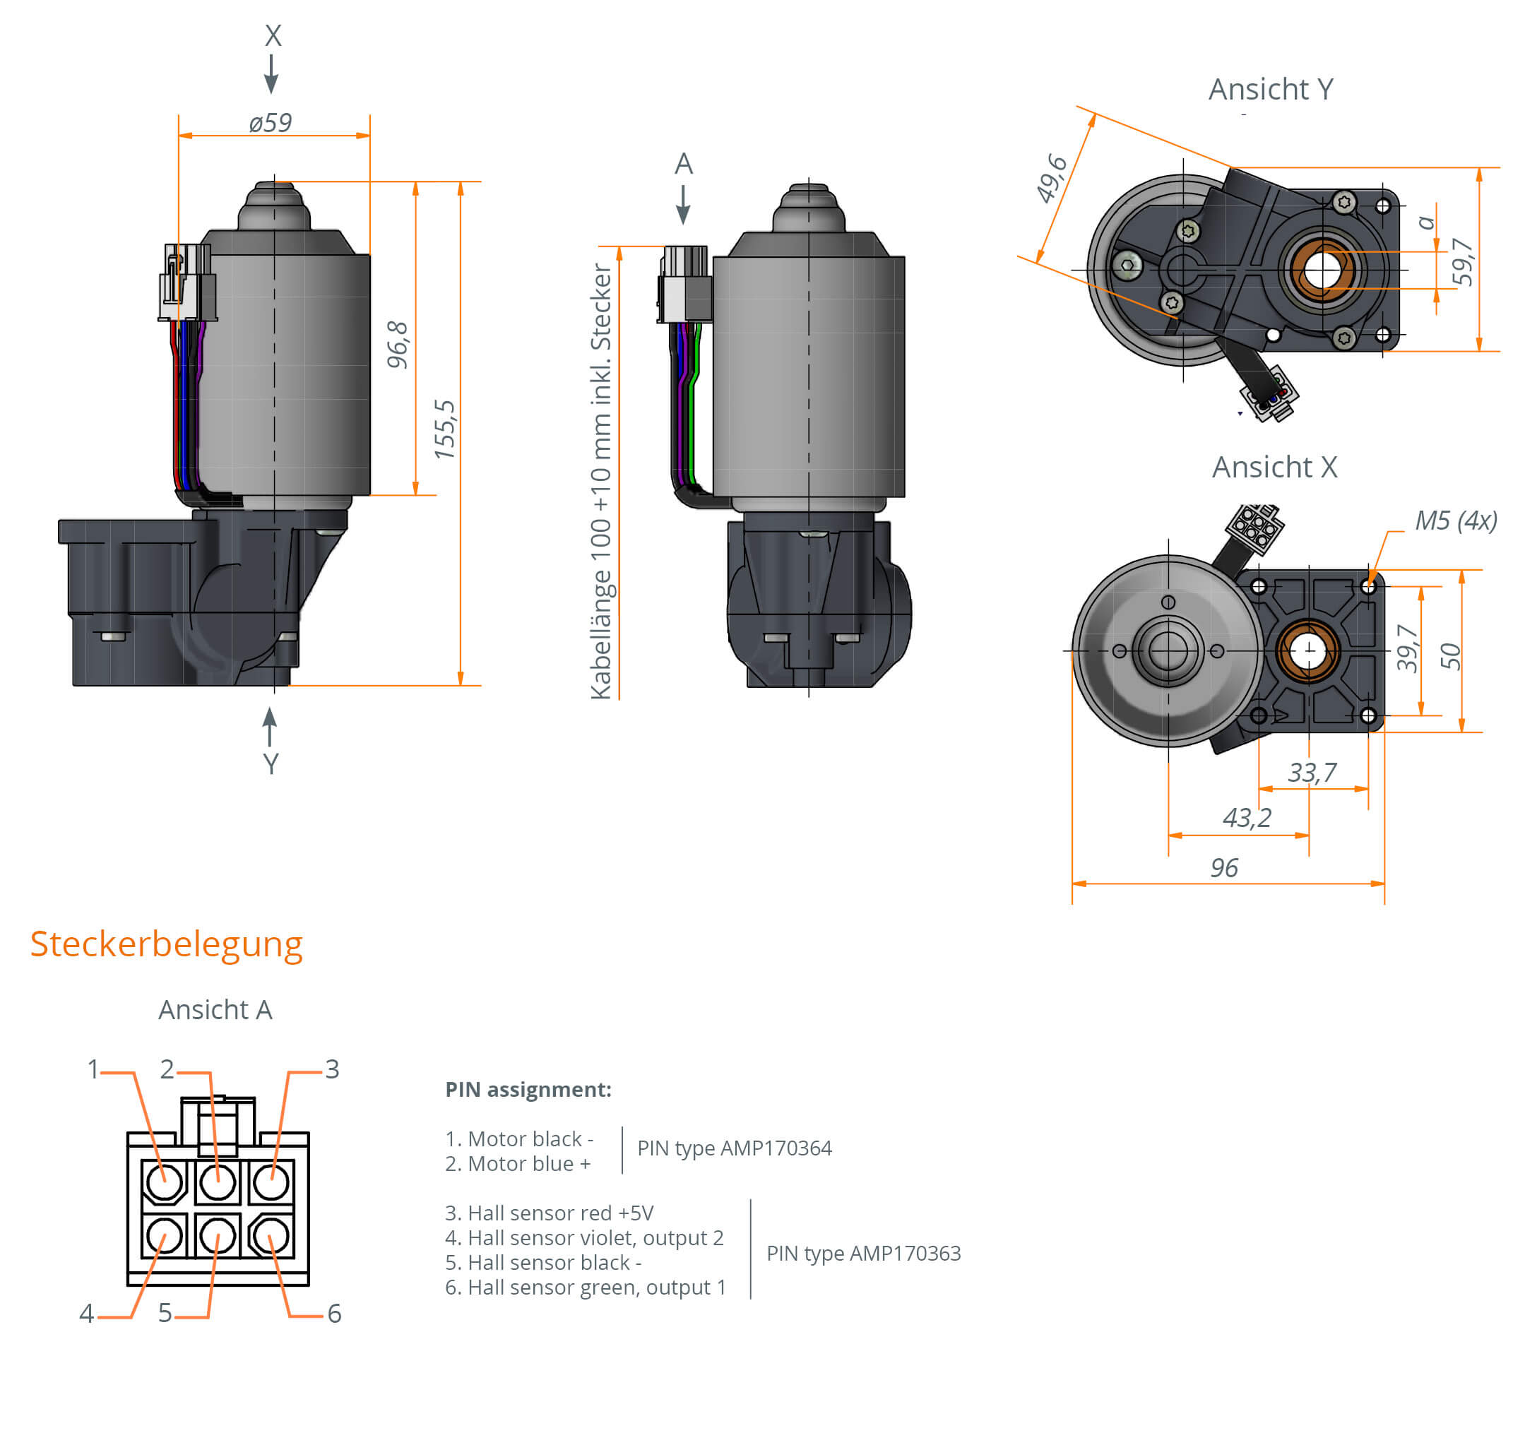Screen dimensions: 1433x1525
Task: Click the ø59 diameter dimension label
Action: pyautogui.click(x=270, y=123)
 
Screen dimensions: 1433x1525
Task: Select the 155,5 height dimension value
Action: pyautogui.click(x=444, y=429)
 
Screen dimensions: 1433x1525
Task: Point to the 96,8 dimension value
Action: pyautogui.click(x=398, y=345)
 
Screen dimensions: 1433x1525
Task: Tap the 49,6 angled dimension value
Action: pyautogui.click(x=1051, y=179)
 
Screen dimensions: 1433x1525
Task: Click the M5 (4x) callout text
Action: pyautogui.click(x=1455, y=521)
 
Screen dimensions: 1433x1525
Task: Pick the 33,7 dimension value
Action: pyautogui.click(x=1312, y=772)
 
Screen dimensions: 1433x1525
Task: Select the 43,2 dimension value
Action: pyautogui.click(x=1247, y=817)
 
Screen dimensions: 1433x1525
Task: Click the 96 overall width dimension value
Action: pyautogui.click(x=1223, y=867)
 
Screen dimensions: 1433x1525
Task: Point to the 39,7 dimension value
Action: pyautogui.click(x=1407, y=648)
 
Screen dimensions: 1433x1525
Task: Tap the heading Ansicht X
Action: pyautogui.click(x=1274, y=467)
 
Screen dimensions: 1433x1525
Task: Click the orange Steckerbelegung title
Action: pyautogui.click(x=167, y=944)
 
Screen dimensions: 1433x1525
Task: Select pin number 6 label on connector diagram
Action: pyautogui.click(x=335, y=1314)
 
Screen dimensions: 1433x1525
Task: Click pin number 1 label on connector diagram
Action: pyautogui.click(x=93, y=1069)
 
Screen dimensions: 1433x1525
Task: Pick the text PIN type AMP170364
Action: pyautogui.click(x=734, y=1148)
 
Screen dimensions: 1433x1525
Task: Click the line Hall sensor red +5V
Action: pyautogui.click(x=550, y=1213)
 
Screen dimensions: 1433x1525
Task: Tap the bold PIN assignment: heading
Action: pyautogui.click(x=528, y=1089)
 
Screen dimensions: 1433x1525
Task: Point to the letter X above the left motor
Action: pyautogui.click(x=273, y=36)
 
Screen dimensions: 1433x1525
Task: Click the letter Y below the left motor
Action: pyautogui.click(x=271, y=763)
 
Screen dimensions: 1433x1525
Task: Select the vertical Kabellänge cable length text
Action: pyautogui.click(x=600, y=481)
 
